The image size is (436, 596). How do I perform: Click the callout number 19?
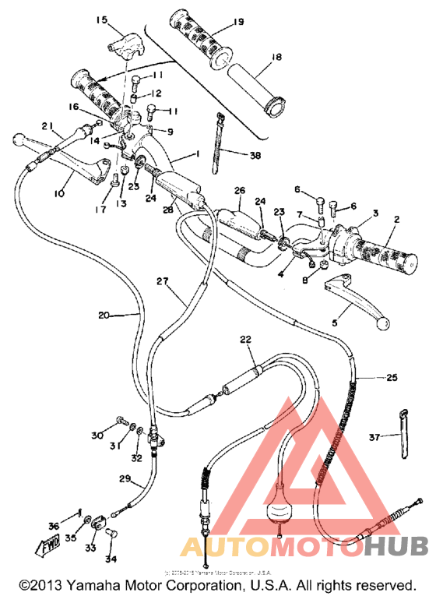(x=238, y=21)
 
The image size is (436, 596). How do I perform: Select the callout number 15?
(x=101, y=19)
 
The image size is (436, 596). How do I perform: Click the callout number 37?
(x=374, y=438)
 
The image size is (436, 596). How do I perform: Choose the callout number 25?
(x=391, y=378)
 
